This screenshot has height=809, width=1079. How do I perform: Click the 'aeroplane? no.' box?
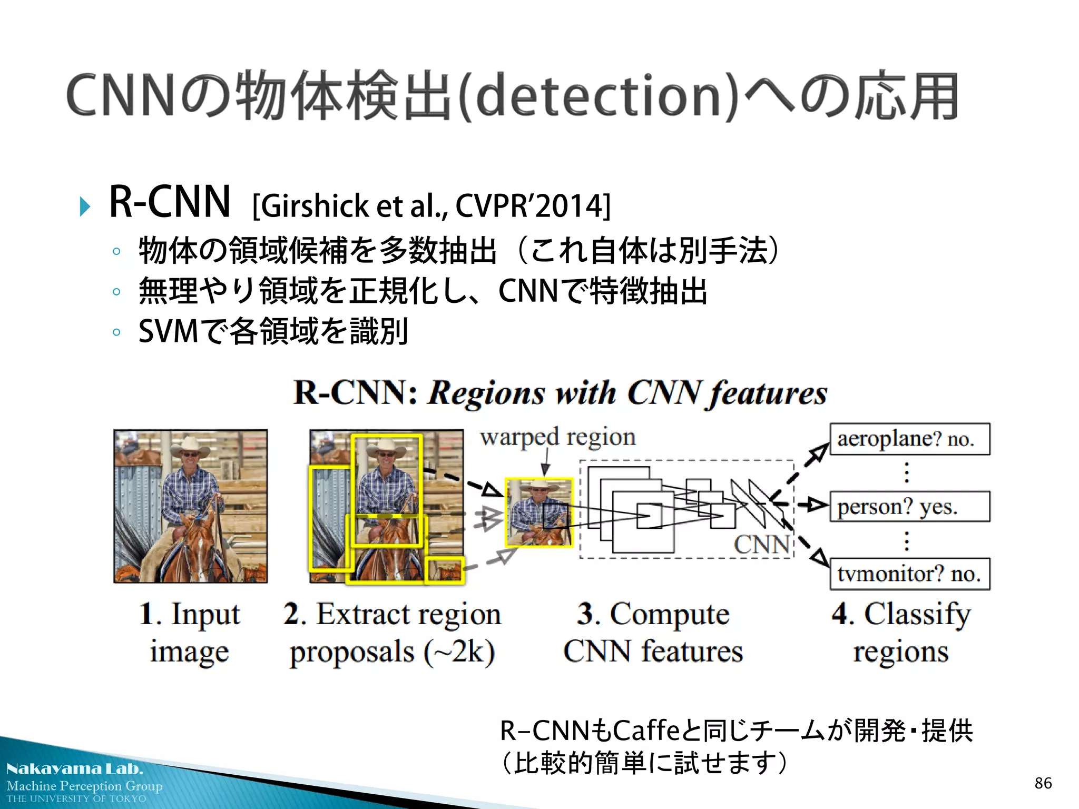click(x=909, y=439)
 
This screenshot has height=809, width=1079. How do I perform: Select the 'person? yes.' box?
click(x=909, y=507)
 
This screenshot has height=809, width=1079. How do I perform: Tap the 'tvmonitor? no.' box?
click(x=909, y=574)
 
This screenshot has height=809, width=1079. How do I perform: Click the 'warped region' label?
click(x=557, y=437)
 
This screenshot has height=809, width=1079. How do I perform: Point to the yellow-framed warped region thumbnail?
click(x=539, y=512)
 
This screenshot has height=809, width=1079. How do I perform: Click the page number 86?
click(x=1043, y=783)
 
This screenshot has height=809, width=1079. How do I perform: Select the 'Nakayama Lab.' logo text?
click(x=75, y=769)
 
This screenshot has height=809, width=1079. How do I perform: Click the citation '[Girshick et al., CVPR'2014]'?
click(x=431, y=205)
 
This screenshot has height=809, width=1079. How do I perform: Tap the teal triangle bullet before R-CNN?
click(x=85, y=206)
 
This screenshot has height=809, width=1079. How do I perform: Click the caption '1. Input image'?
click(x=190, y=633)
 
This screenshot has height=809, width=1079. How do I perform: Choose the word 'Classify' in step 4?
click(x=917, y=614)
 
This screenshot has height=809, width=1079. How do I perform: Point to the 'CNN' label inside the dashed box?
click(x=762, y=545)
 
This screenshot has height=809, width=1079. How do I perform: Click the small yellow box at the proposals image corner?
click(x=445, y=570)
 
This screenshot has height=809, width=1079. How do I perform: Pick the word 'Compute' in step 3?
click(x=669, y=614)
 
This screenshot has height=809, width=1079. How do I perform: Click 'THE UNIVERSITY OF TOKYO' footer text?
click(x=76, y=799)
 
